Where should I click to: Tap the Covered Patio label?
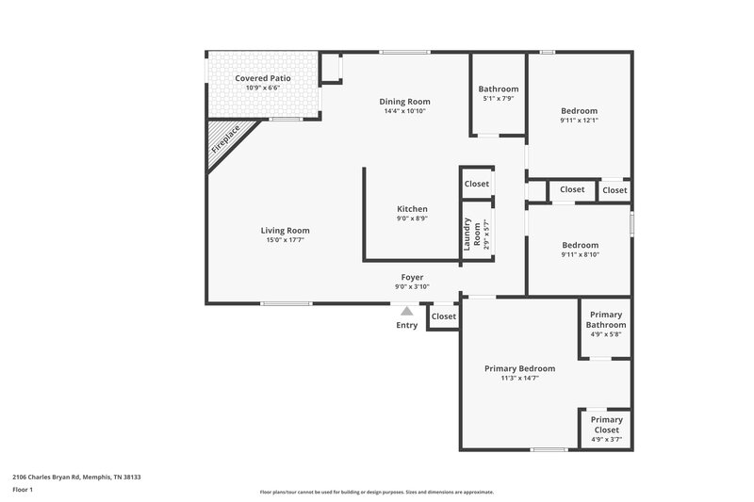pos(263,78)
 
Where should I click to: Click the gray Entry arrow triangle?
pos(406,310)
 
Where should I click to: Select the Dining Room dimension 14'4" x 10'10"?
pos(405,111)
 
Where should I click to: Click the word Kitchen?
pos(412,208)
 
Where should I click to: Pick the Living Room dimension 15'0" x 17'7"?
pos(285,240)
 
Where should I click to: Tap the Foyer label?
pos(412,277)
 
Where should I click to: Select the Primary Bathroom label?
pos(606,319)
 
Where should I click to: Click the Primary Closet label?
pos(606,425)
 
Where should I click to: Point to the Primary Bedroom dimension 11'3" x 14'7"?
pos(519,378)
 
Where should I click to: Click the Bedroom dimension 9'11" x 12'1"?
pos(579,121)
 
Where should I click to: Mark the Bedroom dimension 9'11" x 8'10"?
pos(579,253)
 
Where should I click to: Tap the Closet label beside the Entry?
pos(443,316)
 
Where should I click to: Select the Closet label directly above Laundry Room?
pos(476,184)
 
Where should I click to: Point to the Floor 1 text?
pos(24,490)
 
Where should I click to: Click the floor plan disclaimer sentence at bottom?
pos(376,492)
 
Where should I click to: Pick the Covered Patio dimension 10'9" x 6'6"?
pos(263,88)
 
